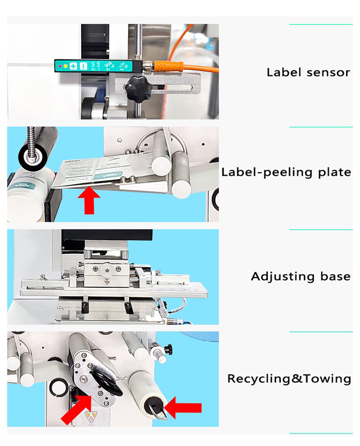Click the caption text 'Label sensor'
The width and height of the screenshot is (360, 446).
pos(308,72)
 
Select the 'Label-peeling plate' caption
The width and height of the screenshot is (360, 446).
pos(286,172)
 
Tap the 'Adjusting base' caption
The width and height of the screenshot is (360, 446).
pos(301,276)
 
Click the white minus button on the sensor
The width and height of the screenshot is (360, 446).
pos(83,66)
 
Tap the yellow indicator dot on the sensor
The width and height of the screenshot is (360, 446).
pos(66,66)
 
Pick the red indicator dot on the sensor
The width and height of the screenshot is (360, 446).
pos(60,66)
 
